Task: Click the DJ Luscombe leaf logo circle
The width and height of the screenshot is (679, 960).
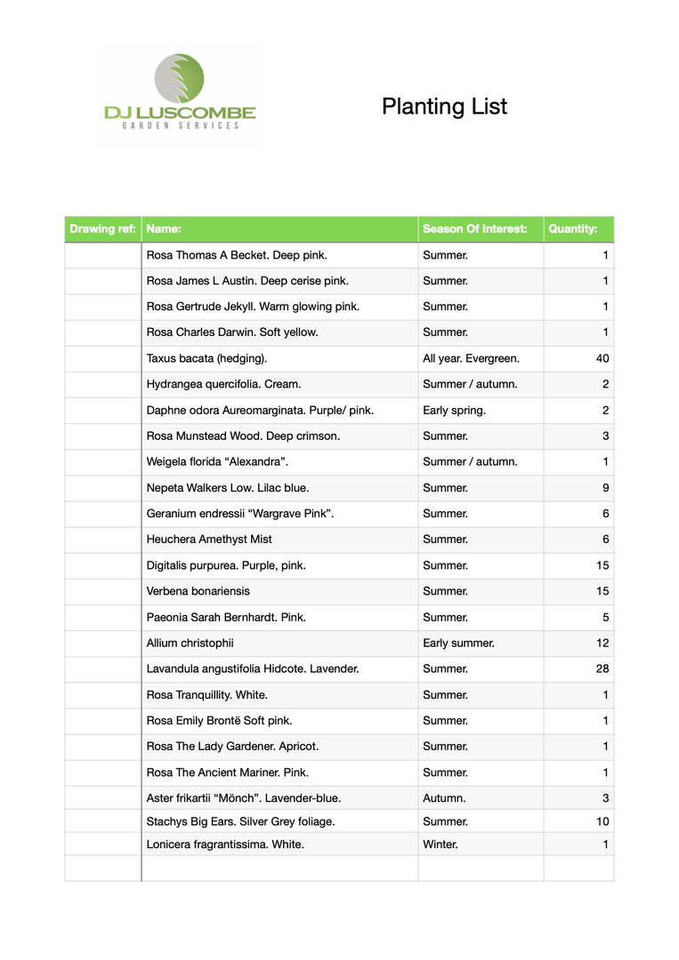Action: [x=179, y=78]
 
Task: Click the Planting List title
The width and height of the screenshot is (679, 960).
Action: [x=444, y=107]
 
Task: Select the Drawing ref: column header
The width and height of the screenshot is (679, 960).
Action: [x=102, y=229]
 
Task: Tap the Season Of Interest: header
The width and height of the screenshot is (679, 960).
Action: [x=474, y=229]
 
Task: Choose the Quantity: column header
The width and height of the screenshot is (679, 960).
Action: [x=573, y=229]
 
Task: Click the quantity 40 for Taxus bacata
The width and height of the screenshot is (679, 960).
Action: [x=602, y=359]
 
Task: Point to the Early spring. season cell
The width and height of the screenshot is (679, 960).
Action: [x=454, y=411]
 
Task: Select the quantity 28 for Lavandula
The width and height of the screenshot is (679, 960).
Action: [x=602, y=668]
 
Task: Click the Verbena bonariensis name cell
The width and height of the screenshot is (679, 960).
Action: [x=198, y=591]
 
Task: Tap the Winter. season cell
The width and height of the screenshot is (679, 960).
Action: [x=441, y=844]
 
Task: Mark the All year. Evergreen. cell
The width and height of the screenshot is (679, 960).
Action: [x=471, y=359]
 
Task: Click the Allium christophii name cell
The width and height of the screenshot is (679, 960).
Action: [x=190, y=643]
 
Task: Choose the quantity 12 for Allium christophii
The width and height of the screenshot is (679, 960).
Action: [x=602, y=643]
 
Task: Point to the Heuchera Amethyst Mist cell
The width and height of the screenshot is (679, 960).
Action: [x=209, y=540]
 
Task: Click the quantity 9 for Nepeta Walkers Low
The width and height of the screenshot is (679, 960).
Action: [x=605, y=488]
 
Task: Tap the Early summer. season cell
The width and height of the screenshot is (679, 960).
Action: [x=458, y=643]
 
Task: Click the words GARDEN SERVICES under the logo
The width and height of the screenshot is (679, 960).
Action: [x=181, y=126]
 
